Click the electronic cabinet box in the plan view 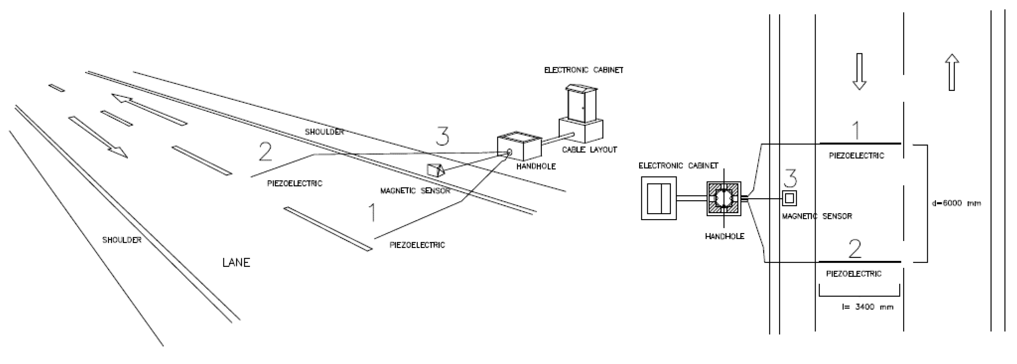point(659,198)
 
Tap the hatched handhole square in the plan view point(724,199)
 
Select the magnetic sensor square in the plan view point(789,198)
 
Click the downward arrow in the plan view point(859,71)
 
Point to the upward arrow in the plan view point(952,72)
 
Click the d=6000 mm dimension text point(956,204)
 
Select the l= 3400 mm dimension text point(867,307)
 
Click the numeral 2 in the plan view point(855,249)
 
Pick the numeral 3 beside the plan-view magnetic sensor point(790,178)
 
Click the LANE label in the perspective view point(236,263)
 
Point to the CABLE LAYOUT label point(589,150)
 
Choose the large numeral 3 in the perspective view point(442,136)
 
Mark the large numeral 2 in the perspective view point(265,152)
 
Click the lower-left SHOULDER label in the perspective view point(122,240)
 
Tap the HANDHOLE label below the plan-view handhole point(724,237)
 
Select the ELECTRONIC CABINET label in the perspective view point(583,70)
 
